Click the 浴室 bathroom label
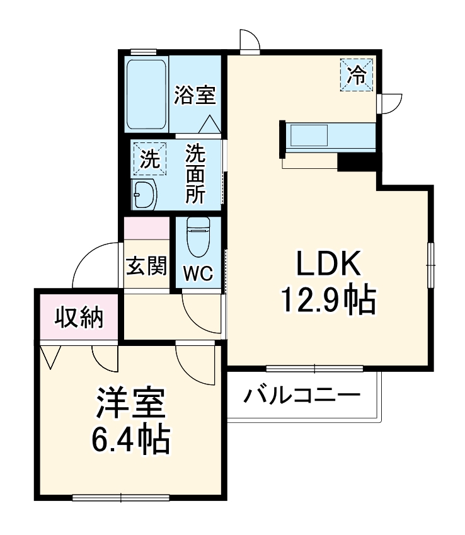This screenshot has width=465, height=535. [x=195, y=96]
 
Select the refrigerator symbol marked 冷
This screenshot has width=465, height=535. [x=357, y=75]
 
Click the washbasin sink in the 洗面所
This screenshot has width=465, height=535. [x=145, y=195]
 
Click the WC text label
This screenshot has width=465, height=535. [x=198, y=273]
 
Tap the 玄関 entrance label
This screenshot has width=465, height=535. [x=147, y=267]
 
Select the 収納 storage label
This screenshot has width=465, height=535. [x=78, y=318]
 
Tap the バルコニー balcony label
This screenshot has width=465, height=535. [x=302, y=396]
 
